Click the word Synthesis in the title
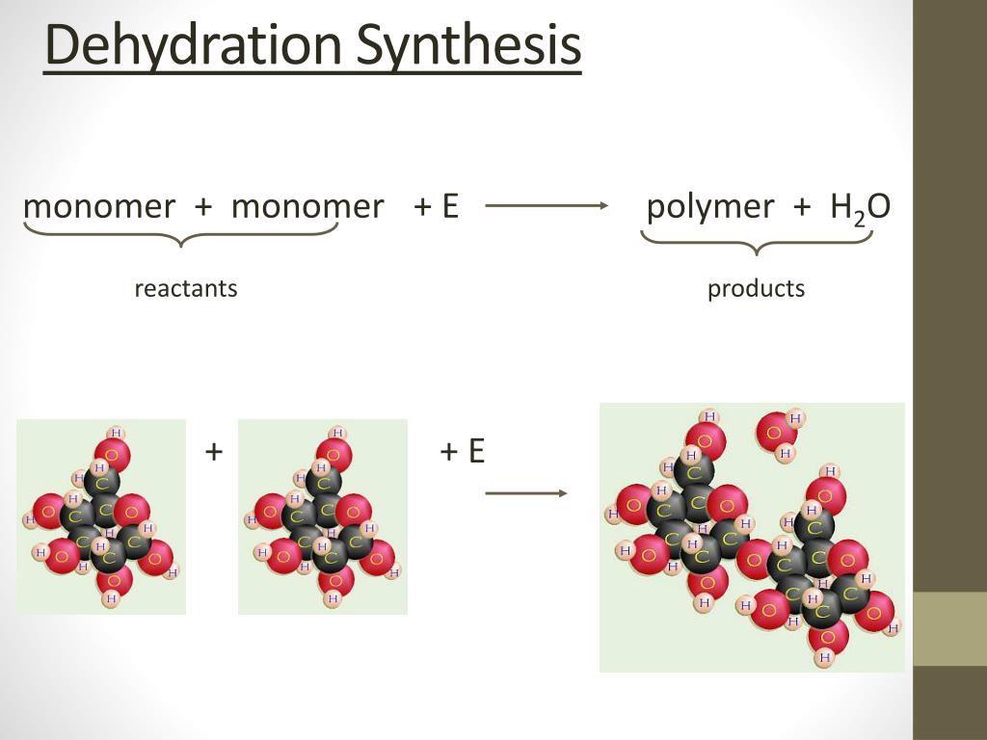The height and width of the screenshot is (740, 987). pyautogui.click(x=469, y=46)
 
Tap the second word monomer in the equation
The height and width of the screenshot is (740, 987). pyautogui.click(x=307, y=206)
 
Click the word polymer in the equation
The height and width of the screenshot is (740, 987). pyautogui.click(x=710, y=206)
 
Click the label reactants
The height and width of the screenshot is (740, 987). pyautogui.click(x=186, y=288)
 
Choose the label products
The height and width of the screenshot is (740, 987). pyautogui.click(x=756, y=288)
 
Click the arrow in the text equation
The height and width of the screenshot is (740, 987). pyautogui.click(x=547, y=205)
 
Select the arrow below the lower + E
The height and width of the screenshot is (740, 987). pyautogui.click(x=525, y=493)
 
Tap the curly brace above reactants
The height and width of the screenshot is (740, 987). pyautogui.click(x=181, y=234)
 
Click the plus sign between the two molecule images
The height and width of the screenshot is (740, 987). pyautogui.click(x=214, y=450)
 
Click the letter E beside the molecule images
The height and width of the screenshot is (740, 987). pyautogui.click(x=476, y=450)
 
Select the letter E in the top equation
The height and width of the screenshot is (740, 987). pyautogui.click(x=449, y=206)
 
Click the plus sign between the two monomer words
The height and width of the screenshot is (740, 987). pyautogui.click(x=203, y=206)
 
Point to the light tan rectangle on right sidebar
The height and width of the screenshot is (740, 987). pyautogui.click(x=949, y=628)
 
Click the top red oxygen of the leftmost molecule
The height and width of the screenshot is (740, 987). pyautogui.click(x=113, y=454)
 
